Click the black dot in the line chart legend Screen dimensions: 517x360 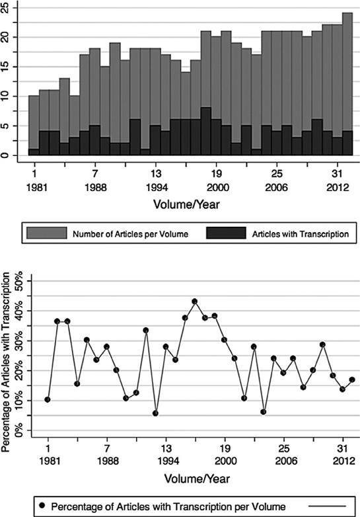[x=43, y=506]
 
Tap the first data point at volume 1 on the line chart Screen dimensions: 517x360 [x=48, y=399]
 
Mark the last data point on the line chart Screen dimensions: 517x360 [x=352, y=379]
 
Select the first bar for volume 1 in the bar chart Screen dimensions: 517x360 [x=33, y=126]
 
